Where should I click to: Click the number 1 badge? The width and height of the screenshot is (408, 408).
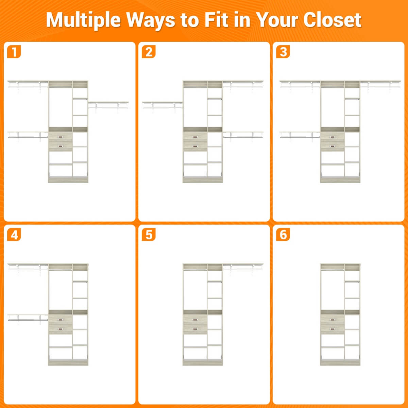pyautogui.click(x=14, y=52)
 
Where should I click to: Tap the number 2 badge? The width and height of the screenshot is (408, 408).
pyautogui.click(x=149, y=52)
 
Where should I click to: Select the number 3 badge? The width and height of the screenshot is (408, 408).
pyautogui.click(x=283, y=52)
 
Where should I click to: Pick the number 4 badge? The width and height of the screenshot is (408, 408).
pyautogui.click(x=14, y=235)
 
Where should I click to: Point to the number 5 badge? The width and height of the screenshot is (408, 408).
pyautogui.click(x=149, y=235)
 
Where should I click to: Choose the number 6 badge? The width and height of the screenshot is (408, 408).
pyautogui.click(x=283, y=235)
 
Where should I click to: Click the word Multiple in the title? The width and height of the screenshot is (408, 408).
pyautogui.click(x=83, y=20)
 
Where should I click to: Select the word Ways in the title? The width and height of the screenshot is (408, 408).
pyautogui.click(x=151, y=21)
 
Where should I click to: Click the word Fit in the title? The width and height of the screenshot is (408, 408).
pyautogui.click(x=216, y=20)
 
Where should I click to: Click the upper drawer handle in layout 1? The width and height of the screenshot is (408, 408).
pyautogui.click(x=60, y=137)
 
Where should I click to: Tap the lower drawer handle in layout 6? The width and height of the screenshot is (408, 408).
pyautogui.click(x=333, y=329)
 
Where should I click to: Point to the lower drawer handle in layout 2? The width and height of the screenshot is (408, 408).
pyautogui.click(x=195, y=146)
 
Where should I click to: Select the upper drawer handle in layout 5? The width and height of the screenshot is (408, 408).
pyautogui.click(x=195, y=320)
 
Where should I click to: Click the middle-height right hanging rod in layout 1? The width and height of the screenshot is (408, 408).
pyautogui.click(x=108, y=107)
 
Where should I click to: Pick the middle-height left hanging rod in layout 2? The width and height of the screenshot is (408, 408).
pyautogui.click(x=163, y=107)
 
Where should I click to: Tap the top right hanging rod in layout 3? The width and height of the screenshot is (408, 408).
pyautogui.click(x=380, y=86)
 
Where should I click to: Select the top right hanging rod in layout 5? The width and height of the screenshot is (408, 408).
pyautogui.click(x=243, y=269)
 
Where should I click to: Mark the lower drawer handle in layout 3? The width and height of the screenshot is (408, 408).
pyautogui.click(x=333, y=146)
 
